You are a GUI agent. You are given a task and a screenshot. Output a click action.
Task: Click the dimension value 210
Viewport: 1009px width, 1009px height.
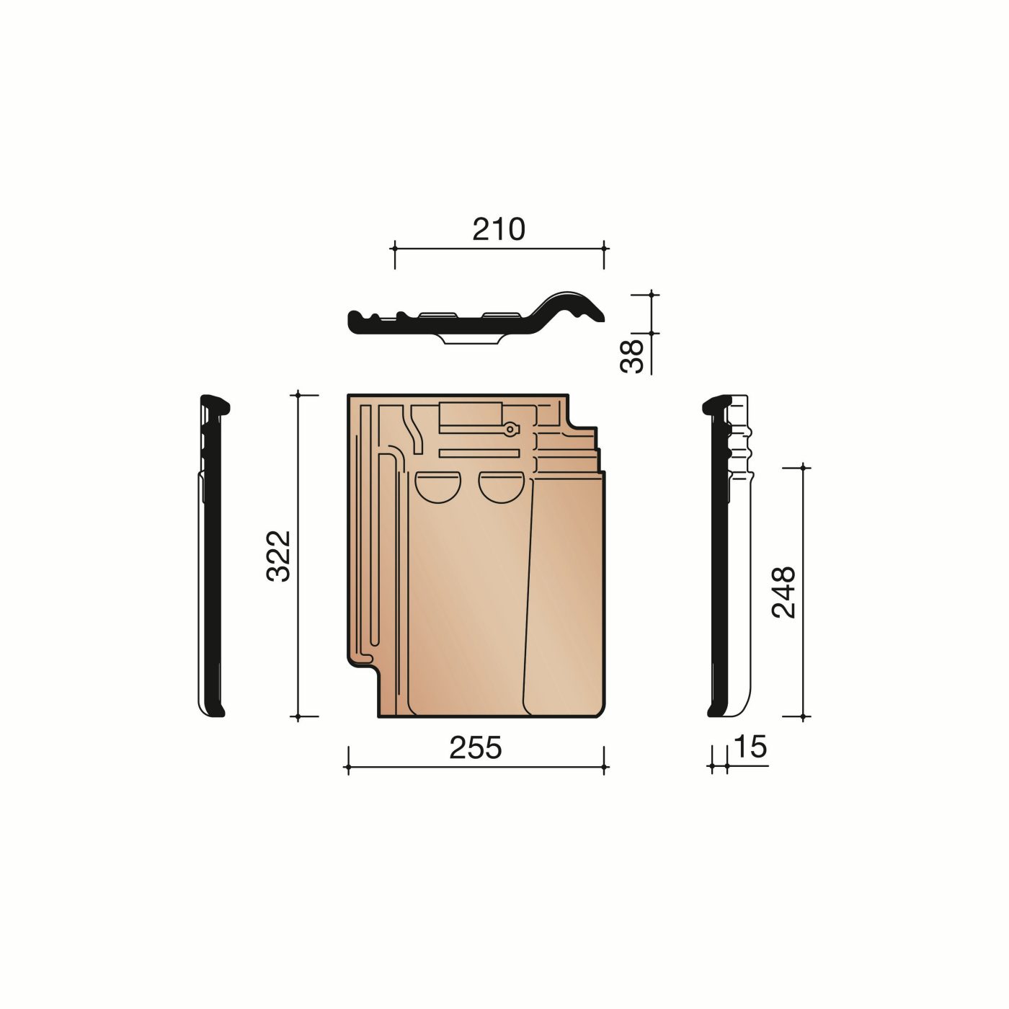coord(498,229)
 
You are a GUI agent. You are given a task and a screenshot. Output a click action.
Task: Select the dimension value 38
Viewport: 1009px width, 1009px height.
coord(631,357)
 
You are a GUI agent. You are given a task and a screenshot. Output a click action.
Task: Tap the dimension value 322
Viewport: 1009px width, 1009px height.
coord(278,556)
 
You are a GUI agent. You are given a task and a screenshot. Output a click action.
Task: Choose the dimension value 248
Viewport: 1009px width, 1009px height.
coord(784,592)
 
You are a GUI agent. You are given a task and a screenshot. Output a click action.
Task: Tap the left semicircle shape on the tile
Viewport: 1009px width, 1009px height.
coord(437,487)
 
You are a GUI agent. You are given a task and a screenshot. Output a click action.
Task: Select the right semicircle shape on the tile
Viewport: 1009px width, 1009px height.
coord(501,487)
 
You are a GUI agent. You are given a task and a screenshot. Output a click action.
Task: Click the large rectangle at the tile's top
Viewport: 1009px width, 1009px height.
coord(471,414)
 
